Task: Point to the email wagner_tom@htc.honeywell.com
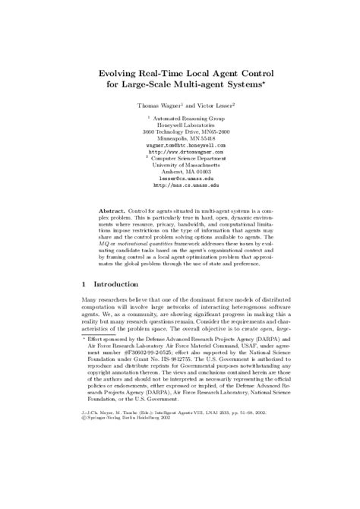(181, 144)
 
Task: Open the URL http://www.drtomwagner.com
(181, 150)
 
